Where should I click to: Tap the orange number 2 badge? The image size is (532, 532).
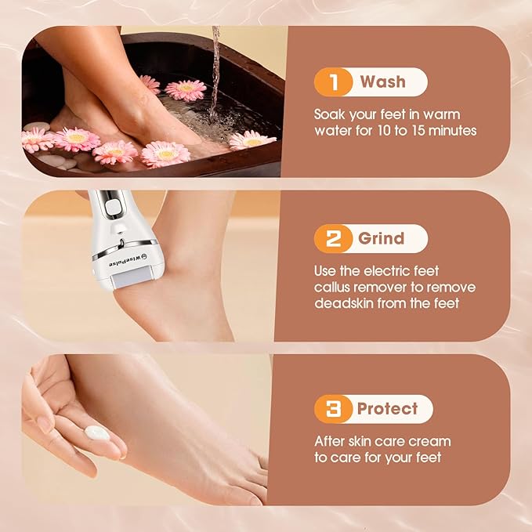(x=332, y=239)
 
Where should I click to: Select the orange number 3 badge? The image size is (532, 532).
(x=332, y=409)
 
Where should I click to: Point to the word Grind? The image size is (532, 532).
(x=382, y=239)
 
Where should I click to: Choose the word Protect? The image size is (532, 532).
(x=387, y=409)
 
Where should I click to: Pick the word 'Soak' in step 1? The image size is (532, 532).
(x=332, y=113)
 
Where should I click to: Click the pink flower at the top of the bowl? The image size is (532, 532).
(x=186, y=90)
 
